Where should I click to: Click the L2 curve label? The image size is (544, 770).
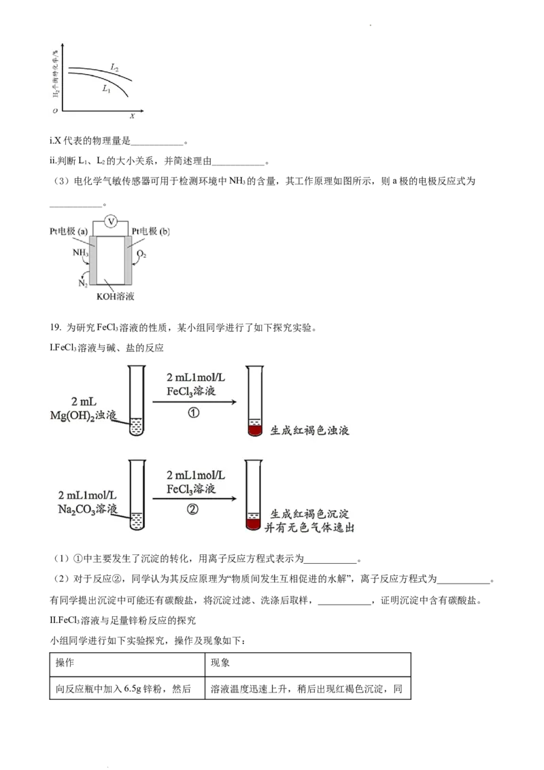click(115, 67)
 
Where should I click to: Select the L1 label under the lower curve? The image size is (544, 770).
click(107, 89)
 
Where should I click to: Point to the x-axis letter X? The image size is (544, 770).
click(133, 116)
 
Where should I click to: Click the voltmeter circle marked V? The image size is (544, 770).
click(111, 220)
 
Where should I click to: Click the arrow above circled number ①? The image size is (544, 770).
click(194, 402)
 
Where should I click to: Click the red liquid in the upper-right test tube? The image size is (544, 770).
click(254, 431)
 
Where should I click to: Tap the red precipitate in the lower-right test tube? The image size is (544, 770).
click(254, 523)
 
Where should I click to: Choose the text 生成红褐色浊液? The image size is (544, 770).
click(309, 431)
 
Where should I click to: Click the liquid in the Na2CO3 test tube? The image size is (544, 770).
click(137, 520)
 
